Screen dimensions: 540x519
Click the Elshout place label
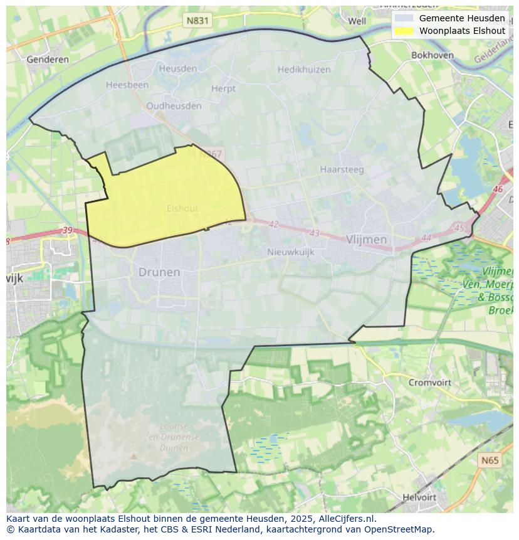click(x=182, y=208)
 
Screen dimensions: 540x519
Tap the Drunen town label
click(x=159, y=272)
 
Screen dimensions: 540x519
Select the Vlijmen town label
click(x=366, y=240)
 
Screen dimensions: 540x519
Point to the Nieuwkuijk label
click(x=290, y=252)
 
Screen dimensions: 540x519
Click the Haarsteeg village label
click(x=342, y=169)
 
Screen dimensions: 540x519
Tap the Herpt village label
click(x=223, y=88)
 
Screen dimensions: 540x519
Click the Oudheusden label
click(x=174, y=106)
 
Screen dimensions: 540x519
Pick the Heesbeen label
click(x=127, y=85)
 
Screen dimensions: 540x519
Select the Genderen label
click(x=48, y=60)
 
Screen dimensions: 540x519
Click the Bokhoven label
click(x=432, y=55)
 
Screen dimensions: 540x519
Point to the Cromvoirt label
click(x=429, y=382)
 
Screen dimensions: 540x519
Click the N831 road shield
click(x=197, y=21)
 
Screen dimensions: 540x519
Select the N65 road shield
click(x=490, y=460)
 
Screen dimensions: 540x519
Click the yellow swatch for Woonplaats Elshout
click(x=404, y=31)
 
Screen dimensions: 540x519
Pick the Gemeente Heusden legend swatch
click(x=404, y=18)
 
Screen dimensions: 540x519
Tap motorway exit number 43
click(x=314, y=233)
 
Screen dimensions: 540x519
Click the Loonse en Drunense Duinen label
click(x=174, y=437)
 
